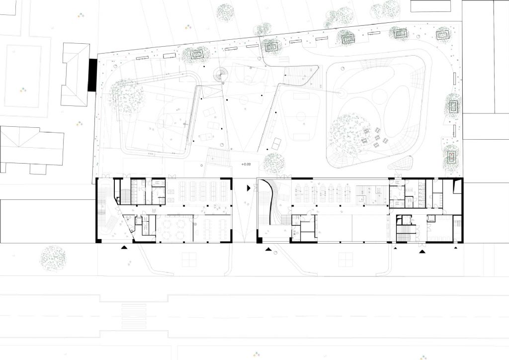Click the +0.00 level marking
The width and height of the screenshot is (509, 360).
[246, 164]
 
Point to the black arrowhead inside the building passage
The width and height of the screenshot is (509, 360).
[249, 187]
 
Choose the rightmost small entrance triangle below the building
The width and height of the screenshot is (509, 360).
[456, 248]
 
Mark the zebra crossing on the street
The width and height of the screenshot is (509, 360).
[134, 316]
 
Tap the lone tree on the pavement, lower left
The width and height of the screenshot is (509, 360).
[53, 259]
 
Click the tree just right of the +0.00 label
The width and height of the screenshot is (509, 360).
[274, 164]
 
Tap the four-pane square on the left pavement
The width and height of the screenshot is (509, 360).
[189, 260]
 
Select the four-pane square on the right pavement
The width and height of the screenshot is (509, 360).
[345, 260]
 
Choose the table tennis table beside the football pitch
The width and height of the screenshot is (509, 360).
[277, 143]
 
